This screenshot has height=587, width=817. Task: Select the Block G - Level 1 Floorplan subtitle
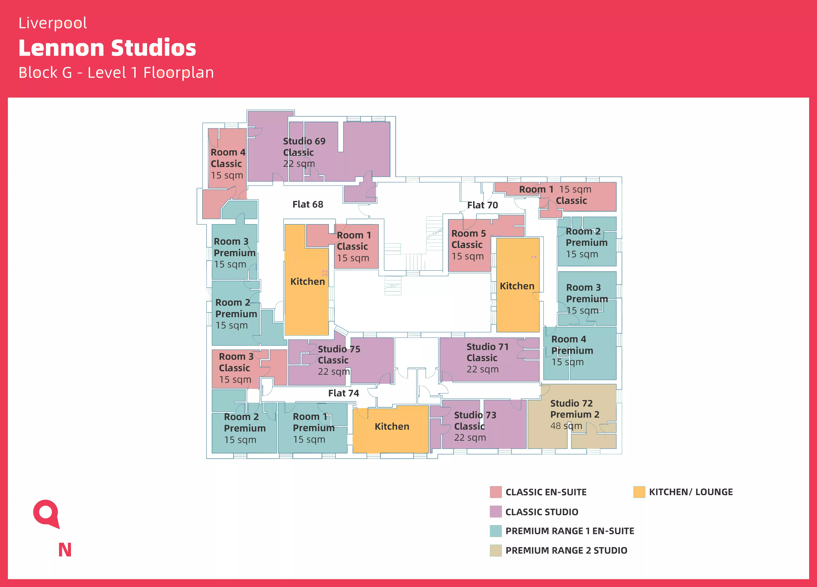[116, 73]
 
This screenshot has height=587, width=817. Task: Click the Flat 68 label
[308, 204]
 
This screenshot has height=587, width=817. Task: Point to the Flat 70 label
[482, 205]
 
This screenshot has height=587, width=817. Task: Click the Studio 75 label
[339, 349]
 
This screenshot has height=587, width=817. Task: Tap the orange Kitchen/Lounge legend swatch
[639, 492]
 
